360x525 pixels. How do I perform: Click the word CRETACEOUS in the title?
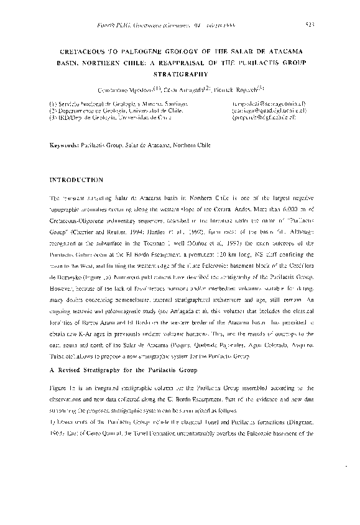76,52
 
